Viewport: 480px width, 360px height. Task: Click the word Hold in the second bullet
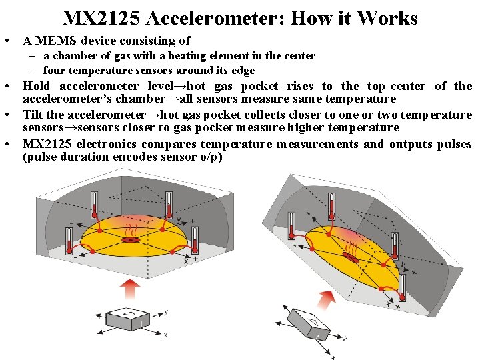[x=36, y=86]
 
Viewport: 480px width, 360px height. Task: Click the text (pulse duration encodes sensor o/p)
[x=123, y=157]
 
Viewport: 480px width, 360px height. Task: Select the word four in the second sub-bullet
[x=54, y=70]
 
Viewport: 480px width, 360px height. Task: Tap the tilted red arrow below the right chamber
[x=327, y=299]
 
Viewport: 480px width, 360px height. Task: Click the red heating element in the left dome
[x=133, y=239]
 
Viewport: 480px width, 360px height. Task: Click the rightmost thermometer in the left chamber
[x=194, y=239]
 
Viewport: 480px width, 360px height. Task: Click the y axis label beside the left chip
[x=166, y=311]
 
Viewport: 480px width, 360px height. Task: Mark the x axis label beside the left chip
[x=165, y=335]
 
